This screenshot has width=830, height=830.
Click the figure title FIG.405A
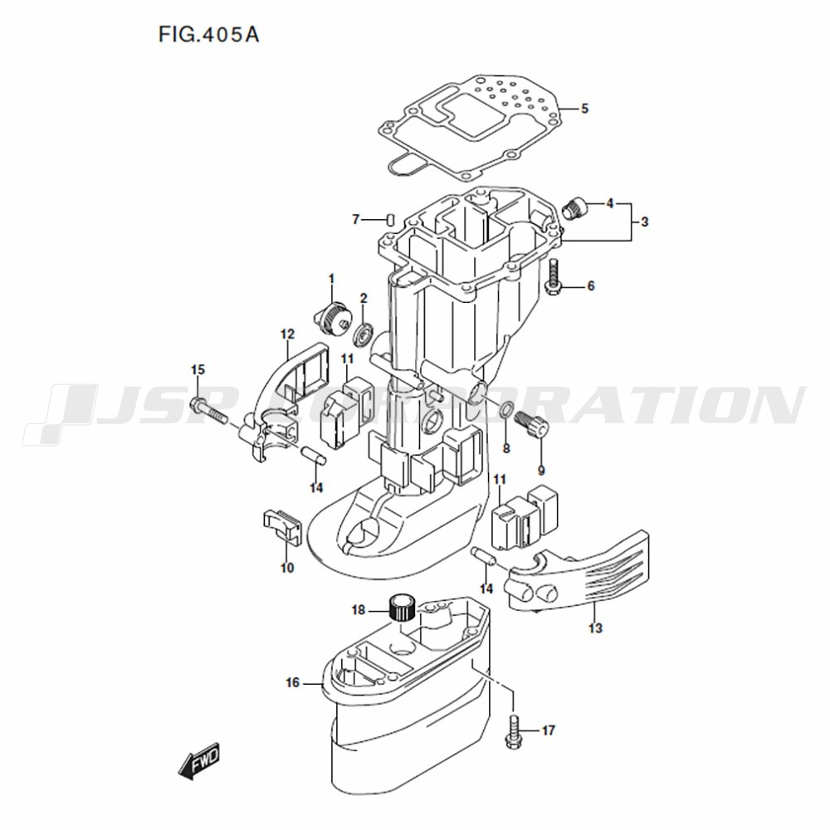(x=208, y=35)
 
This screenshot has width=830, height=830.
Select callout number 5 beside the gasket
(x=584, y=109)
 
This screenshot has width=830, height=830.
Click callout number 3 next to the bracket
(x=644, y=222)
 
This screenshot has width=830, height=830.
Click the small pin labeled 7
(x=389, y=218)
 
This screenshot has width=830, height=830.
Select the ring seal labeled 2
(x=364, y=333)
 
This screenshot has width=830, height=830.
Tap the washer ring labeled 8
(x=505, y=408)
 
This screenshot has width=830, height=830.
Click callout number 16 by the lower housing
(x=293, y=682)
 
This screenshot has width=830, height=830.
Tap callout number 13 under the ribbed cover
(x=595, y=628)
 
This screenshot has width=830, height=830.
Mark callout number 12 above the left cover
(x=287, y=334)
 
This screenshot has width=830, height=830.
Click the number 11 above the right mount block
(x=500, y=480)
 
